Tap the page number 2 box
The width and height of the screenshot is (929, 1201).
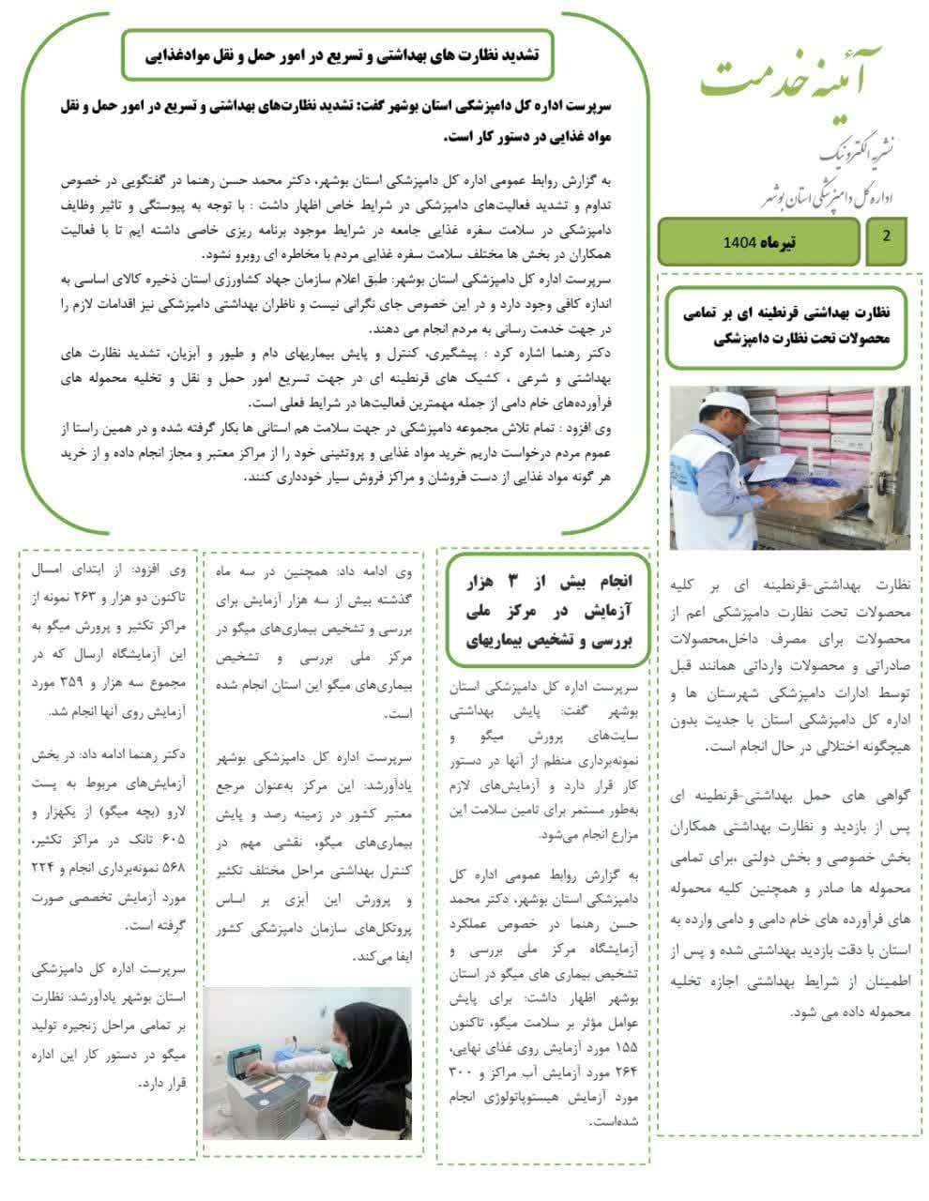tap(886, 237)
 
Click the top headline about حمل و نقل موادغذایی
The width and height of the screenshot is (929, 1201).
tap(338, 54)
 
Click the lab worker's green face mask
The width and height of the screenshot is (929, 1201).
tap(341, 1056)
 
